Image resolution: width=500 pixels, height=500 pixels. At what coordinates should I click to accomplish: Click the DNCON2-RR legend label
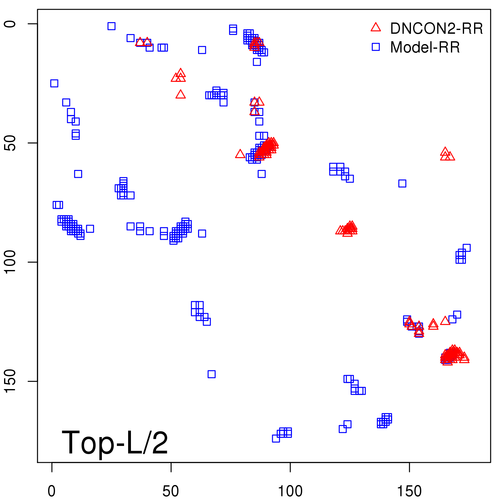coord(436,29)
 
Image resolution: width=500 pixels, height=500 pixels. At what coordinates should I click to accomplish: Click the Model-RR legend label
coord(425,47)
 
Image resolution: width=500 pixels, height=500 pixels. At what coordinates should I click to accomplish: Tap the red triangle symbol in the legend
coord(376,27)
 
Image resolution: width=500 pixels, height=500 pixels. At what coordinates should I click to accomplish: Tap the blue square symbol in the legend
coord(376,47)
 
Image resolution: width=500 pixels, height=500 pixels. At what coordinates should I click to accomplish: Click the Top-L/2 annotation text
coord(115,442)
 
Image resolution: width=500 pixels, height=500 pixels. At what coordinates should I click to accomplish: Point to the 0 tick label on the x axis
coord(52,491)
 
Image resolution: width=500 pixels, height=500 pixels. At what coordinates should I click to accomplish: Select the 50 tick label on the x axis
coord(171,491)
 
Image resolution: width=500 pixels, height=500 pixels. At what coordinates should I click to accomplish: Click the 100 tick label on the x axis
coord(290,491)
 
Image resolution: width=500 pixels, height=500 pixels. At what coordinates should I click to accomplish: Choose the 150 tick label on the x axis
coord(409,491)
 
